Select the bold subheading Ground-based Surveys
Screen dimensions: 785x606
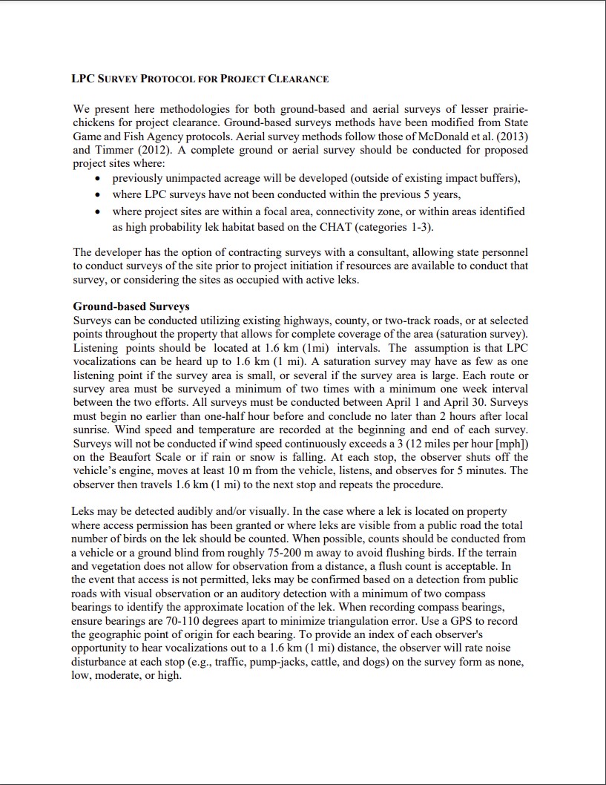pos(131,306)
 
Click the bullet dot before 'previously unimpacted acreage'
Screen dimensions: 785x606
pos(99,179)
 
